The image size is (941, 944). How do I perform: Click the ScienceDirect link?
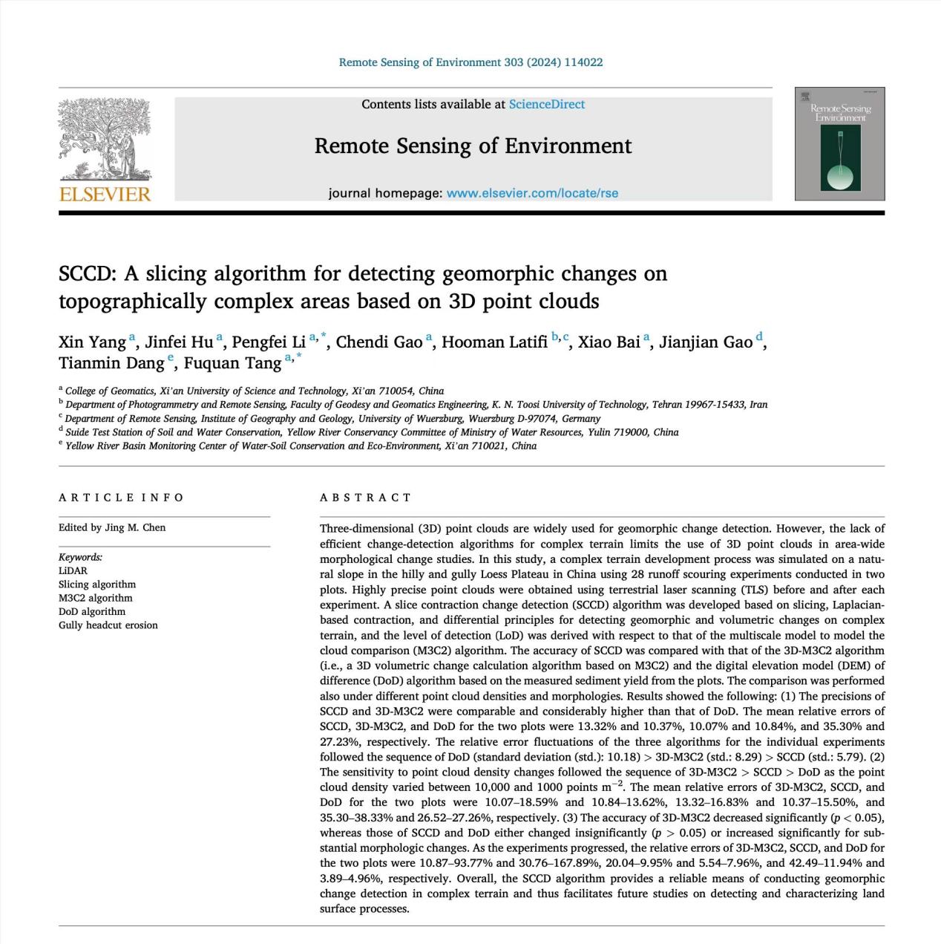pos(546,105)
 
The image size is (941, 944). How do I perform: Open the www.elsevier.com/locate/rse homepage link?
pos(532,193)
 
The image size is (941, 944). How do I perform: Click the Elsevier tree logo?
pos(105,139)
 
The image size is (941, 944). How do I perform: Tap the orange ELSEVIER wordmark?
pos(105,195)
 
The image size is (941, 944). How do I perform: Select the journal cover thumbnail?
pos(839,144)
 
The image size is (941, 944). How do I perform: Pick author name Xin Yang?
pos(92,342)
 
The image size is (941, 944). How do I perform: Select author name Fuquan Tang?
pos(232,363)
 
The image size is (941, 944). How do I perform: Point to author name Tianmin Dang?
pos(111,363)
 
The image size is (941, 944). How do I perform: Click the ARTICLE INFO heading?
pos(121,498)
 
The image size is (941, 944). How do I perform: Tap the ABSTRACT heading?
pos(365,498)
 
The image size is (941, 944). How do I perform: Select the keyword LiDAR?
pos(73,571)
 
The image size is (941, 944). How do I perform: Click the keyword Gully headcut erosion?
pos(108,625)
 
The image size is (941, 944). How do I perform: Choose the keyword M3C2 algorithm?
pos(96,598)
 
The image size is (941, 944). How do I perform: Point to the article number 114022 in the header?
pos(583,62)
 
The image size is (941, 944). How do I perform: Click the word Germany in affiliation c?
pos(581,418)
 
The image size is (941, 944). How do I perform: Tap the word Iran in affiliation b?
pos(758,405)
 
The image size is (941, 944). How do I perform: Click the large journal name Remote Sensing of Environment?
pos(473,146)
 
